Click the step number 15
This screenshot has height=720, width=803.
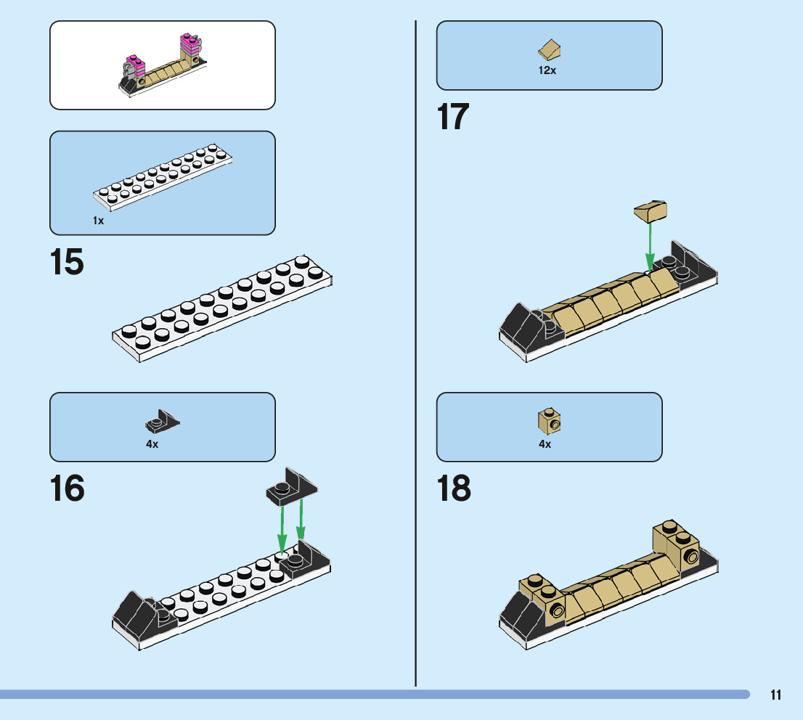pos(67,263)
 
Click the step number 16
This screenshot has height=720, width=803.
pos(67,488)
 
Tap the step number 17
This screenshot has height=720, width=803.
pos(453,118)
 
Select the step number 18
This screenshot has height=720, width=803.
pos(454,488)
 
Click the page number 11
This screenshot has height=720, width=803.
pos(776,695)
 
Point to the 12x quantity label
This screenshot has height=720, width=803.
pos(547,71)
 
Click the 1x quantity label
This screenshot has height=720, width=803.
pos(99,221)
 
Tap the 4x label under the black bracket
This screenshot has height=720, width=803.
pos(152,444)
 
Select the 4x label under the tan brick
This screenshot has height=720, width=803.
pos(545,444)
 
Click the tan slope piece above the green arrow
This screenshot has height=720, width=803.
pos(651,212)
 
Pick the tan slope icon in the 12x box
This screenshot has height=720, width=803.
pos(550,51)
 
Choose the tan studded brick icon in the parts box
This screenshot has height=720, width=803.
pos(550,420)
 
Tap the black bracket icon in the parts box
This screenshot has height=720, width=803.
pos(162,421)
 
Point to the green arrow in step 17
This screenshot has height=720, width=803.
pos(650,245)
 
